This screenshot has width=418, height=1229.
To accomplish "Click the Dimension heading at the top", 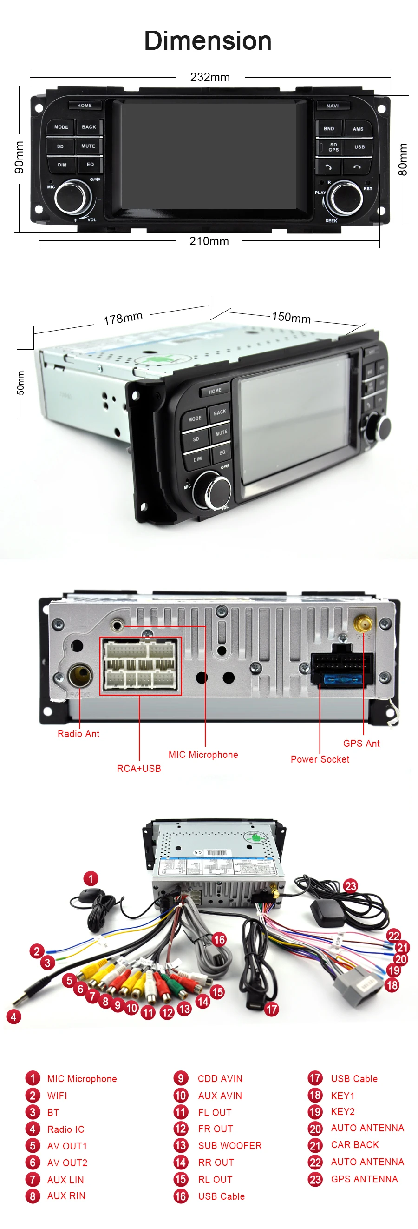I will click(208, 41).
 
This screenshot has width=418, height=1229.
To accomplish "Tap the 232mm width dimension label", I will click(210, 77).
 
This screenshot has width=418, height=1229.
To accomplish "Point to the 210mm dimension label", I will click(209, 241).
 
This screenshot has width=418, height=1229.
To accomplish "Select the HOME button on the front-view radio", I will click(85, 106).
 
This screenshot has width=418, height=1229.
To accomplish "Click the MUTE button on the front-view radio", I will click(88, 146).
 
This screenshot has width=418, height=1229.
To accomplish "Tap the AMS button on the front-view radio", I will click(358, 129).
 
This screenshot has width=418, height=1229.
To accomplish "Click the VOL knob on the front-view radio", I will click(72, 197).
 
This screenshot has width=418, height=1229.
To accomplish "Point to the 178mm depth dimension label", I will click(123, 318).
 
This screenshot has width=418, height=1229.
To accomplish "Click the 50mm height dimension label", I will click(20, 383).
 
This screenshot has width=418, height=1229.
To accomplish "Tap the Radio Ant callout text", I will click(78, 734).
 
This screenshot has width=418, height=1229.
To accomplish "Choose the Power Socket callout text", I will click(320, 759).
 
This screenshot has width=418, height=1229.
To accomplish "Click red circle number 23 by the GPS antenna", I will click(350, 886).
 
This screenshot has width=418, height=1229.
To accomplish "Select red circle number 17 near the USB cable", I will click(272, 1009).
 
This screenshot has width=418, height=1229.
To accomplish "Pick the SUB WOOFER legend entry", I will click(230, 1145).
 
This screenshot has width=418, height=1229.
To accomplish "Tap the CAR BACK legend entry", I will click(355, 1144).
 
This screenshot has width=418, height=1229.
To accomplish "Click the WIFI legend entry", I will click(57, 1096).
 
